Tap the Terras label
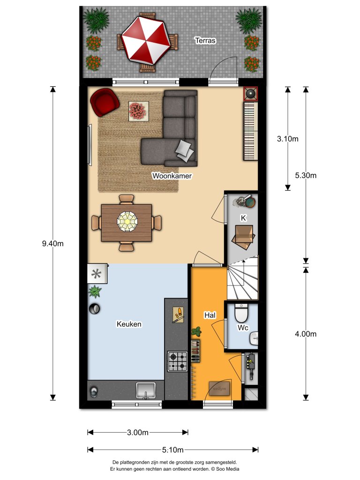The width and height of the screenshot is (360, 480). click(x=205, y=41)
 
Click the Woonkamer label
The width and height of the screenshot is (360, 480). click(x=172, y=176)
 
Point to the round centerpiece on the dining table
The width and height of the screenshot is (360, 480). click(x=127, y=221)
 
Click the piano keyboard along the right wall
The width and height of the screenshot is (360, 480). click(x=250, y=132)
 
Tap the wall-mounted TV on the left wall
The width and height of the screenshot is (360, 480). click(x=89, y=144)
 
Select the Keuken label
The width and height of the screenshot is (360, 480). click(x=129, y=324)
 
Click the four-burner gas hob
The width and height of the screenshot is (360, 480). click(x=177, y=361)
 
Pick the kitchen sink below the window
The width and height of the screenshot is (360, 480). click(x=146, y=390)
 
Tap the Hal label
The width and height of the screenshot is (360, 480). click(x=210, y=315)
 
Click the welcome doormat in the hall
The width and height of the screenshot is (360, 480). click(x=219, y=388)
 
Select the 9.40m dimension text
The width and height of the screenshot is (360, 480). click(x=52, y=243)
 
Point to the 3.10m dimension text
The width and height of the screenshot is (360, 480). click(x=287, y=139)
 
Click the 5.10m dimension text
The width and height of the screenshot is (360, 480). click(x=173, y=450)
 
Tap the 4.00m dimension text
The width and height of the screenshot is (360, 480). click(x=306, y=334)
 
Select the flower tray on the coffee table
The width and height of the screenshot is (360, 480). click(x=139, y=111)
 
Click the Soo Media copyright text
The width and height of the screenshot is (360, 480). click(x=226, y=468)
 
